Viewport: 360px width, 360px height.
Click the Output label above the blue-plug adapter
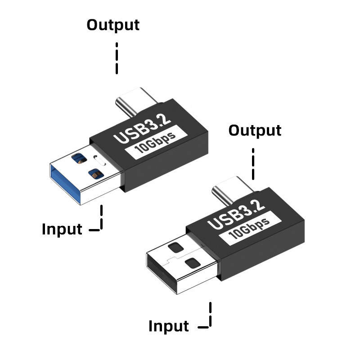113,25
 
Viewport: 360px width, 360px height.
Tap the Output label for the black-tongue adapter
255,131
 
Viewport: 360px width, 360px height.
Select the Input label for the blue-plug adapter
62,229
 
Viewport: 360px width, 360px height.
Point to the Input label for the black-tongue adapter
169,326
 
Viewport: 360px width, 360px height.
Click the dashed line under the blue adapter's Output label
117,58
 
